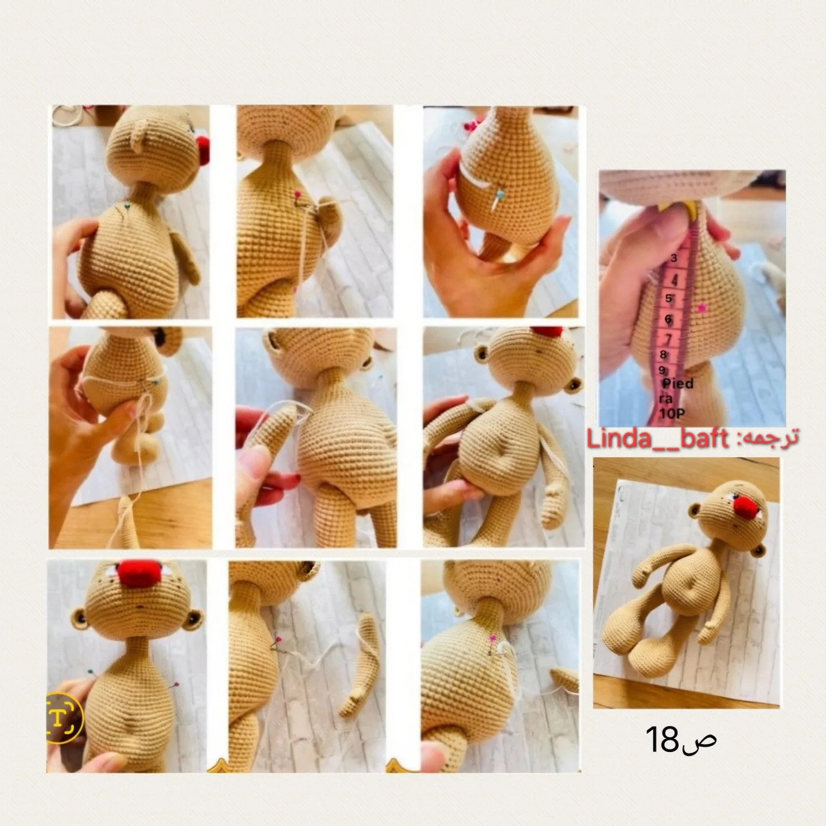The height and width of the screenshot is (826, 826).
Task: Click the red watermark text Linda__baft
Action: pos(657,438)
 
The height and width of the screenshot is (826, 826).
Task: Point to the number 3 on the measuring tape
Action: pos(674,259)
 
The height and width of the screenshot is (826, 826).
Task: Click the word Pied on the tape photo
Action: pos(678,383)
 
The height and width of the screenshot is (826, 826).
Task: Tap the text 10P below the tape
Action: pos(672,414)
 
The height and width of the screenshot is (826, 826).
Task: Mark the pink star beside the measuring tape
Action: pos(702,307)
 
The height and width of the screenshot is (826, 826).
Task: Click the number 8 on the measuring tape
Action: pos(664,355)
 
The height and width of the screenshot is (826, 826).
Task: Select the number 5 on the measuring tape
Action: pos(669,299)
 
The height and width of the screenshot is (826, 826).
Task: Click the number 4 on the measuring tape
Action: pos(675,280)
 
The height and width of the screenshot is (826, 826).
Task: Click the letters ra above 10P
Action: pos(666,399)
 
